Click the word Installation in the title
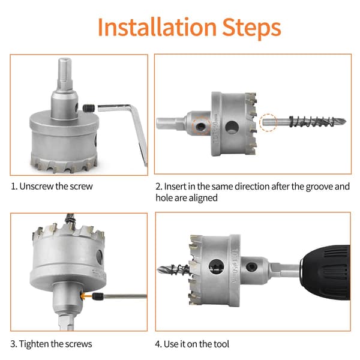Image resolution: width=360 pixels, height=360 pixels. point(157,28)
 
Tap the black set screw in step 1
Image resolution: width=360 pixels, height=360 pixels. point(89,108)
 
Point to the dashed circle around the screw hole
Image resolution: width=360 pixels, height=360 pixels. point(201,126)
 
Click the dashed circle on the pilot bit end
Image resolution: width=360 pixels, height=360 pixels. point(268,122)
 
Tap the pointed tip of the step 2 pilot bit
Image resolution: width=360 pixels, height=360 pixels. point(345,121)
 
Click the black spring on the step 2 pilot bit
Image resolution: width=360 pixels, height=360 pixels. point(311,121)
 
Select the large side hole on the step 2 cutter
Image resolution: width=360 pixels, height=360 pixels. point(232,127)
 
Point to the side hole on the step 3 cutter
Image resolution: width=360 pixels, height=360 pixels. point(100,257)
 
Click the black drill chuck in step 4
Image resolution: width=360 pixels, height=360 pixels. point(325,273)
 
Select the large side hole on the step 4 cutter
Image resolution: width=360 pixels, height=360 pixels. point(216,266)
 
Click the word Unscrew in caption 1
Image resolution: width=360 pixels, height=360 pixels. point(37,186)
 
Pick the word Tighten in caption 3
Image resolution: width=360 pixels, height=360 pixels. point(34,344)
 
